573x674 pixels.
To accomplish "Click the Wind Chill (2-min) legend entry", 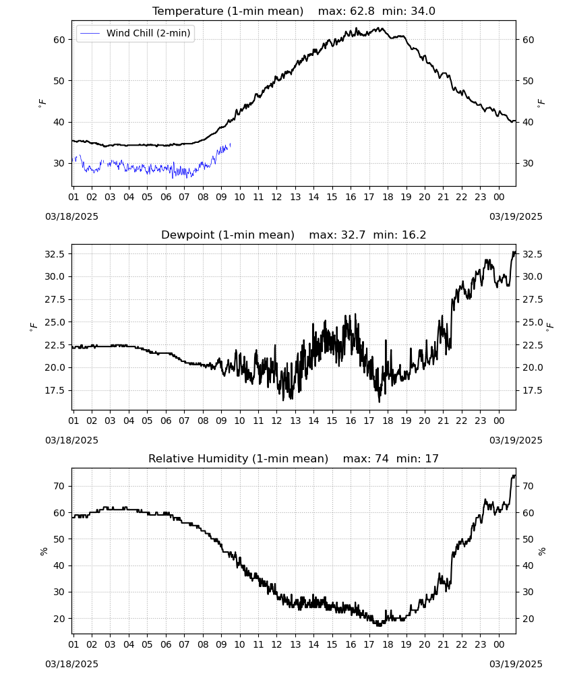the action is (135, 33).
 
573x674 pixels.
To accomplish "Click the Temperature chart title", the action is (228, 11).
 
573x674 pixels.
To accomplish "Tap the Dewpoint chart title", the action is (228, 235).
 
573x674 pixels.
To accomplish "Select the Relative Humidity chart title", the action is (238, 458).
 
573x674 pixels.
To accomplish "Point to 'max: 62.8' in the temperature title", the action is (346, 11).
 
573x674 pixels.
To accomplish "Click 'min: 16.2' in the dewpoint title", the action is (399, 235).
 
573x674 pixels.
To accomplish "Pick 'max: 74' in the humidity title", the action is (365, 458).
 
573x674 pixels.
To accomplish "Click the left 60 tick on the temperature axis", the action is (59, 40).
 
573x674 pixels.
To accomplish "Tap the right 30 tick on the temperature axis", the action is (528, 163).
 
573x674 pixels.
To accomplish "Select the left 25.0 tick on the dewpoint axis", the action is (55, 322).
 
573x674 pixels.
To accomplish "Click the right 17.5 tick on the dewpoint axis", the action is (533, 391).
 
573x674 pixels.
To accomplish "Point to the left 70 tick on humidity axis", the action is (59, 486).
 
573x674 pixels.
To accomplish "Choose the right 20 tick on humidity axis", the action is (528, 619).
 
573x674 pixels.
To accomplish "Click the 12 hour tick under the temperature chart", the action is (276, 197).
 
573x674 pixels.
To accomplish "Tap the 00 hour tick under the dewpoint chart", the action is (499, 421).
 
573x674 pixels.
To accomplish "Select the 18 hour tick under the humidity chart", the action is (388, 645).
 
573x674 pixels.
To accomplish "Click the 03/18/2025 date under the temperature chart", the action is (71, 216).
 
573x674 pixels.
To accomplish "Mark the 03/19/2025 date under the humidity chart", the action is (516, 664).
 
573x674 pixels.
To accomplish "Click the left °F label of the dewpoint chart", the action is (34, 327).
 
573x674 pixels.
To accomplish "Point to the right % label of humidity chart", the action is (541, 551).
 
